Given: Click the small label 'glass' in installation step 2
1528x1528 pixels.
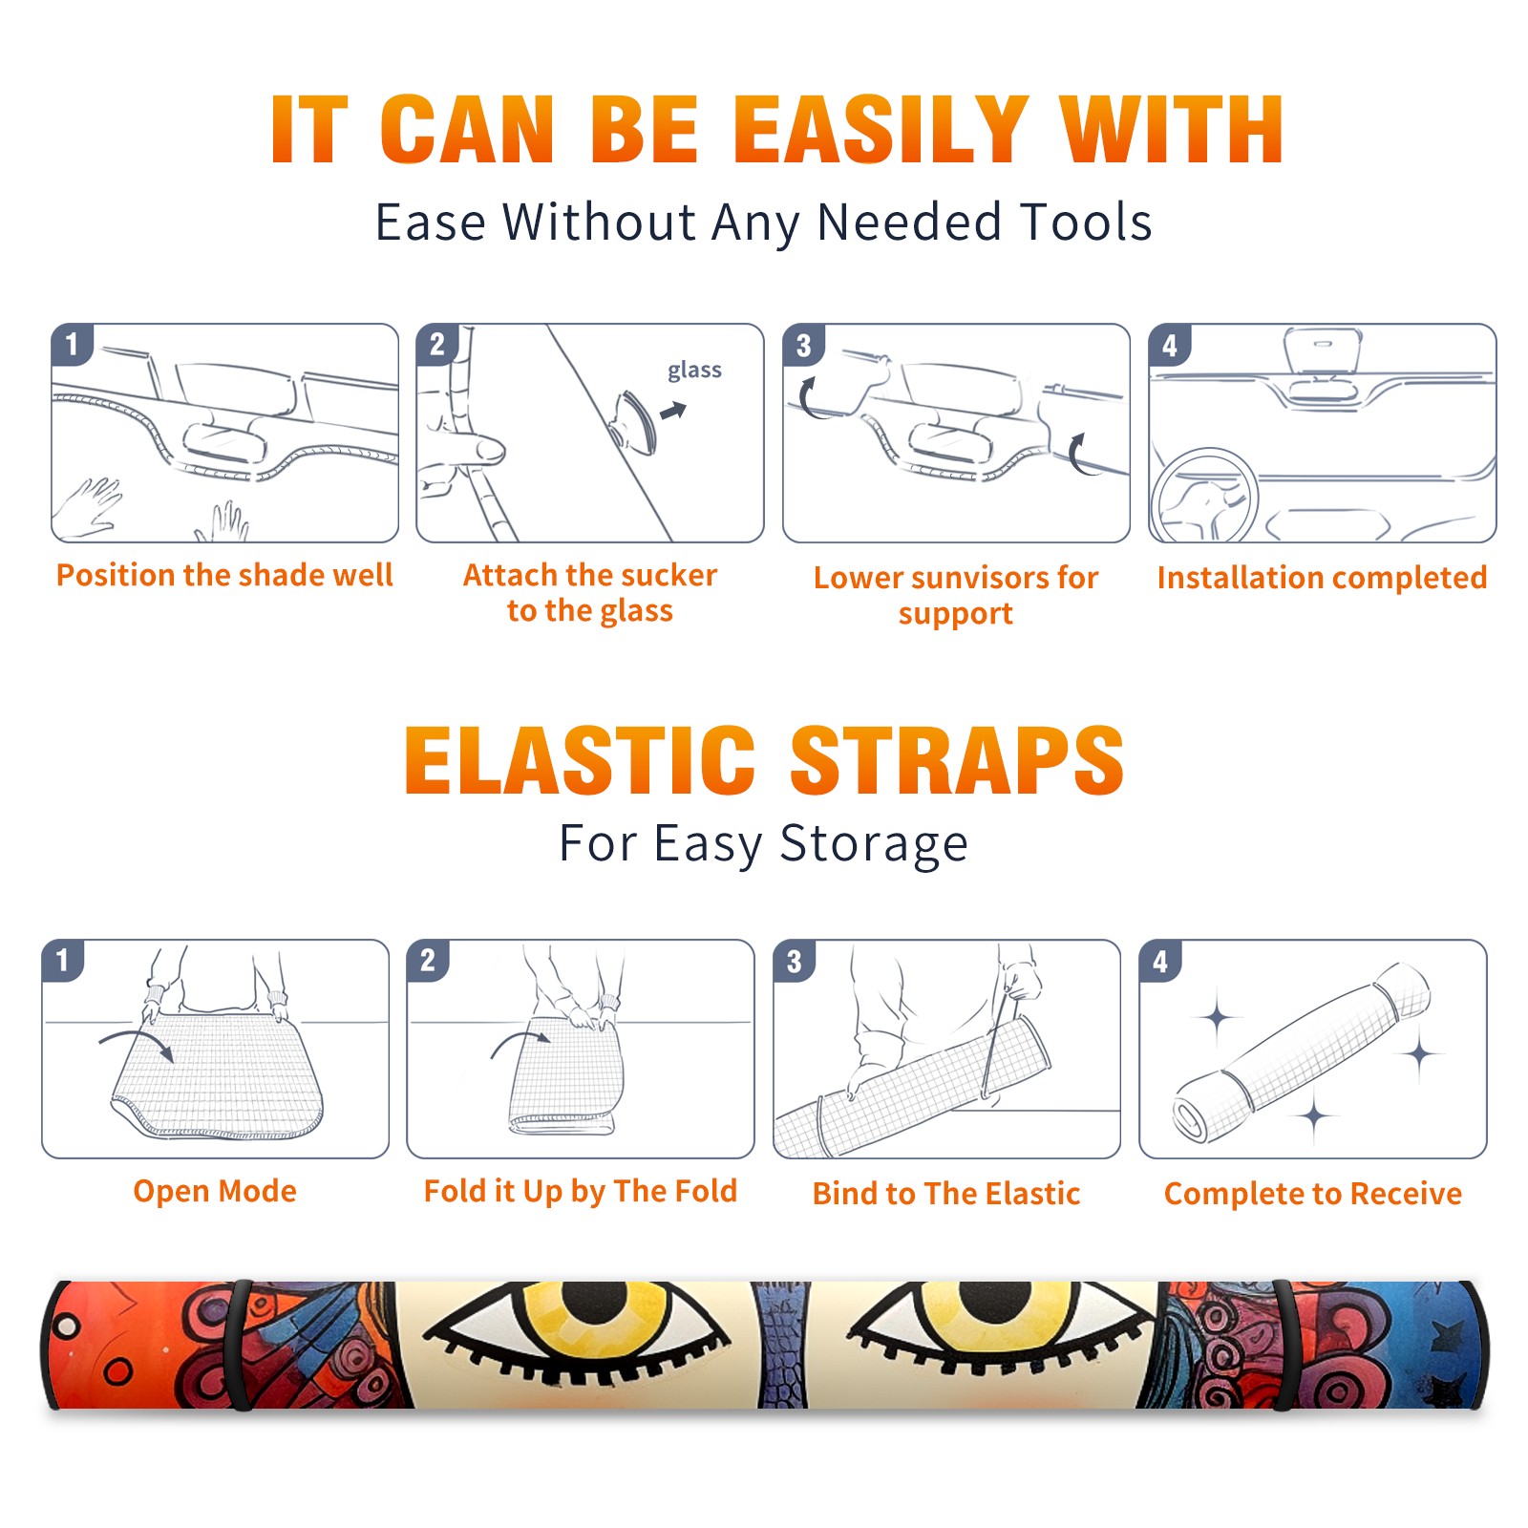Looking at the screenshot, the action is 694,371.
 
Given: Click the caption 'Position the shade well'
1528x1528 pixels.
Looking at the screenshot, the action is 224,575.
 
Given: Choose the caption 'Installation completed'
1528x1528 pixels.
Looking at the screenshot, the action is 1322,578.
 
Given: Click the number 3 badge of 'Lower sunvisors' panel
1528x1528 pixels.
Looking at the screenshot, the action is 803,345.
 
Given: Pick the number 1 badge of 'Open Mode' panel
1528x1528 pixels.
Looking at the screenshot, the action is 63,960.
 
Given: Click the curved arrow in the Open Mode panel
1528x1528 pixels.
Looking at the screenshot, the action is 137,1043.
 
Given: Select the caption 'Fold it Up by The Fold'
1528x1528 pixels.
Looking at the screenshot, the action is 581,1191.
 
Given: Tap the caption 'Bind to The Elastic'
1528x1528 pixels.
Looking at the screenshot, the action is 946,1194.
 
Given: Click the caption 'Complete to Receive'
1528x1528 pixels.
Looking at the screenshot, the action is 1313,1194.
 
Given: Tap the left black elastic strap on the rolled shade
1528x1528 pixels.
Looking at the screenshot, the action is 240,1345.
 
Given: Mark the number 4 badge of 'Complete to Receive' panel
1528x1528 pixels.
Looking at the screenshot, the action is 1160,961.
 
